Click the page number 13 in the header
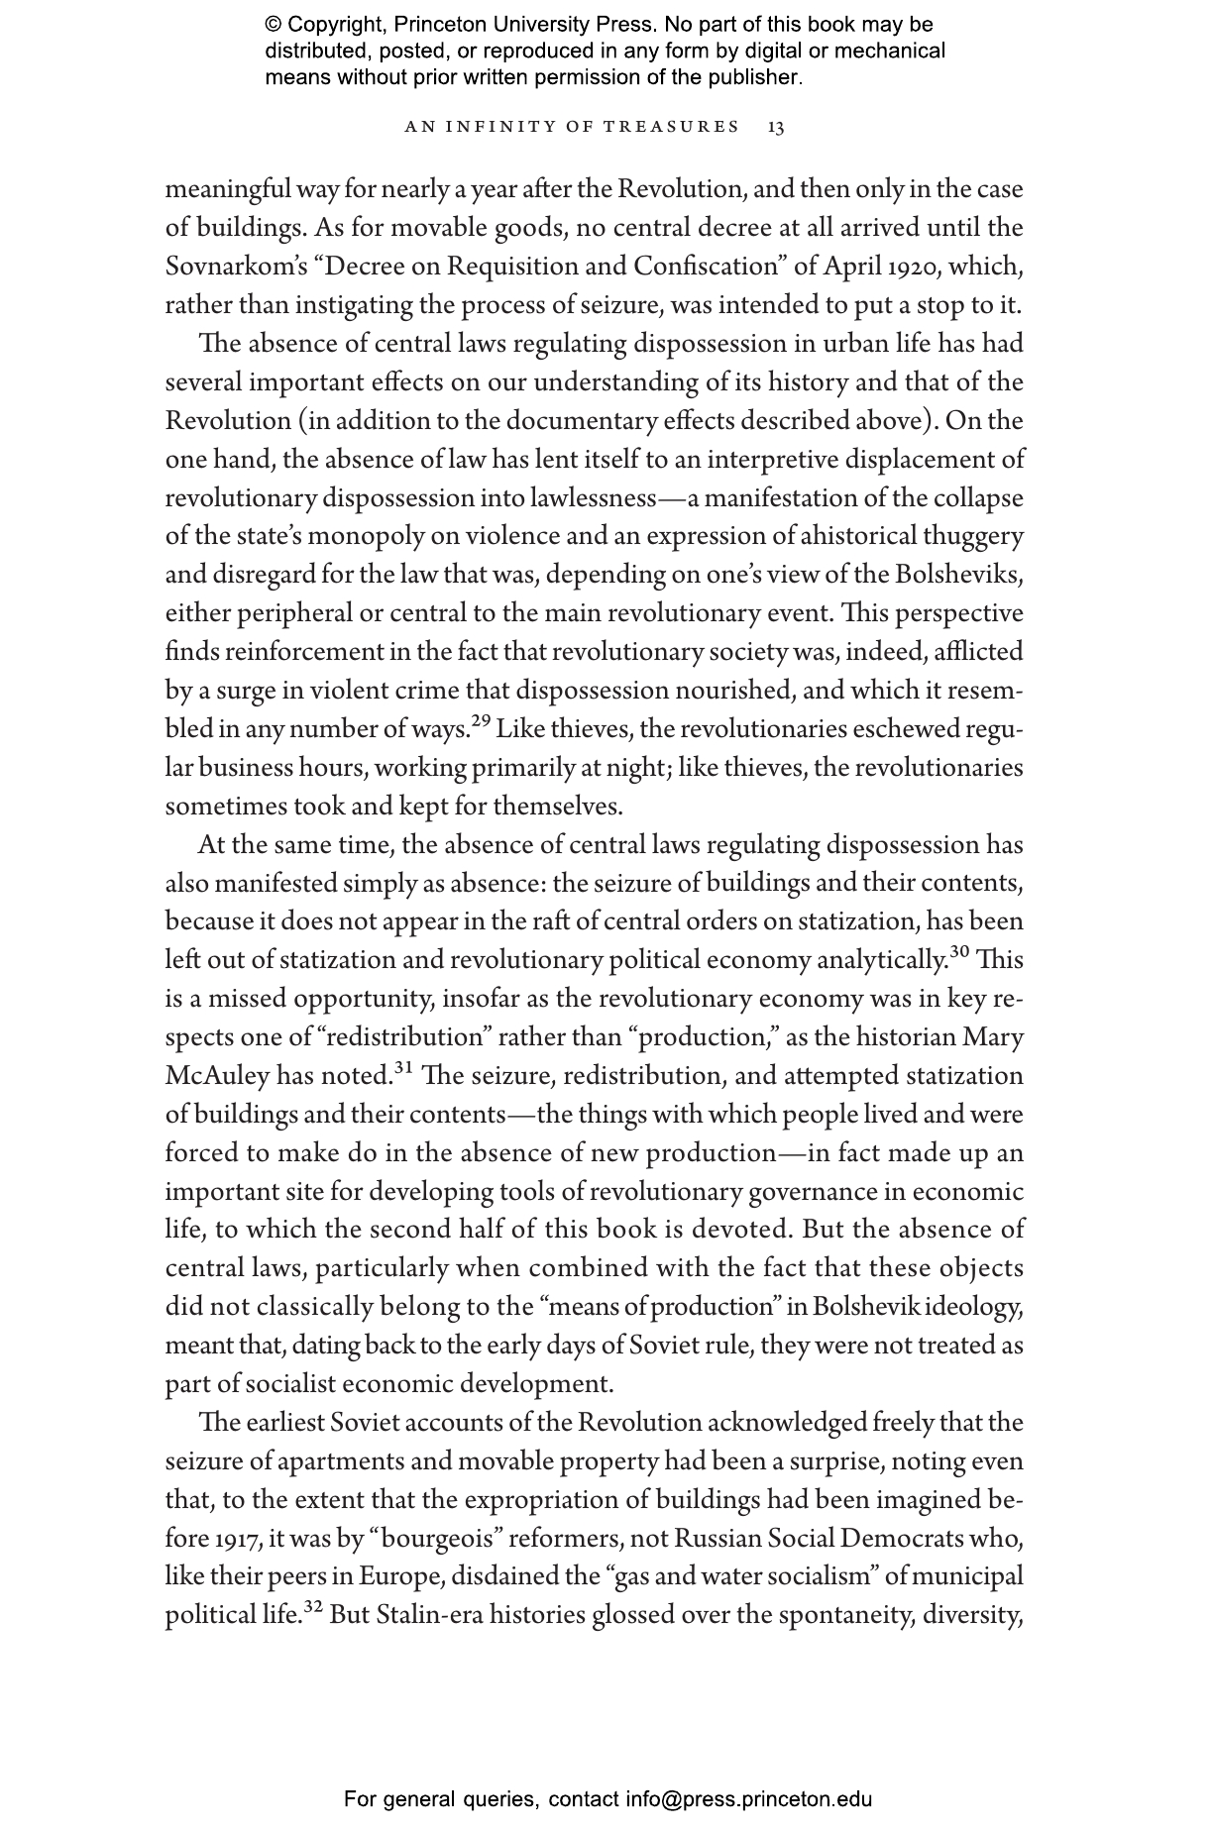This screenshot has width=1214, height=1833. click(x=776, y=127)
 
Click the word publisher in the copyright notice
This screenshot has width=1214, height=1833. click(x=754, y=77)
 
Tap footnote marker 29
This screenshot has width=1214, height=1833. click(x=482, y=722)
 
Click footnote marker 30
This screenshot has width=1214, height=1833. click(x=959, y=952)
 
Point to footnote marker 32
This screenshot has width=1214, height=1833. click(x=314, y=1608)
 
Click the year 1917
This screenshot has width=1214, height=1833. click(x=236, y=1539)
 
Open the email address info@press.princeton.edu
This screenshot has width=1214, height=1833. click(x=748, y=1799)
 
